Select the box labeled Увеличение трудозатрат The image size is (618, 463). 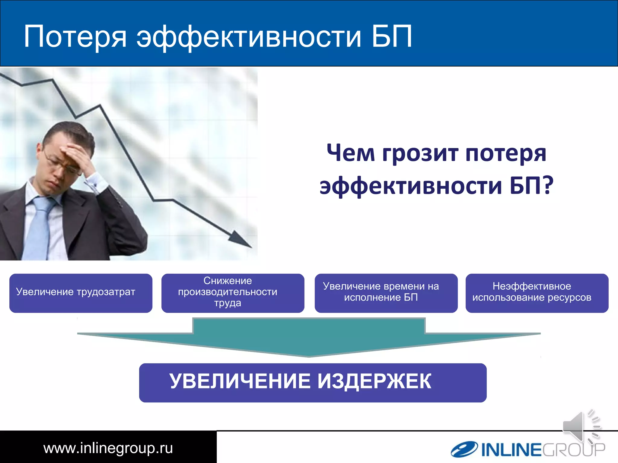81,293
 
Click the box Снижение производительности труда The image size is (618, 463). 233,293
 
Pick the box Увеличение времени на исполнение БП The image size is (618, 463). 386,293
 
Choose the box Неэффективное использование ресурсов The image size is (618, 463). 537,293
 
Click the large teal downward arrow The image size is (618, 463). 309,338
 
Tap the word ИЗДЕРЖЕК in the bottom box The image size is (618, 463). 374,382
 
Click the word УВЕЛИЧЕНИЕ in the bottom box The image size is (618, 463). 240,382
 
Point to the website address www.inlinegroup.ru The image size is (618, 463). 108,448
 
